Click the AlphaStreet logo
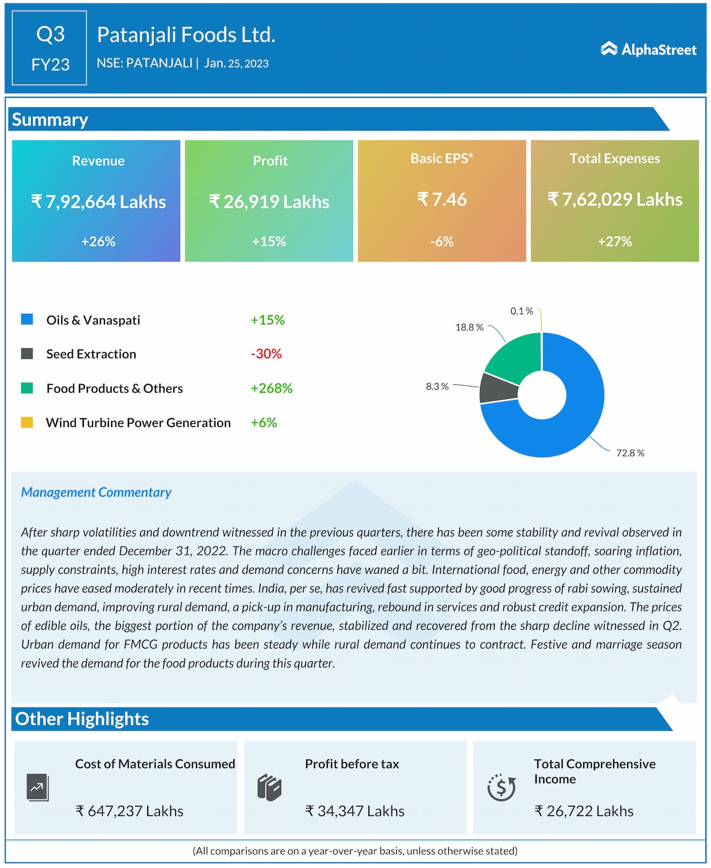click(648, 49)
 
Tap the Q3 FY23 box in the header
click(49, 48)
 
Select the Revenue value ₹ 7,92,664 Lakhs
click(98, 202)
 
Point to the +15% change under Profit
click(269, 242)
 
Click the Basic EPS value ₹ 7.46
click(442, 199)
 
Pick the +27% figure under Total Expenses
click(614, 242)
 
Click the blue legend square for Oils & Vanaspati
click(27, 319)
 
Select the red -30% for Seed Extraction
click(266, 354)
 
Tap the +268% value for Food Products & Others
click(271, 388)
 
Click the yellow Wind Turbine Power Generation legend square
click(27, 423)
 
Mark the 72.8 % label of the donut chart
click(630, 453)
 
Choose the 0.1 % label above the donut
click(522, 311)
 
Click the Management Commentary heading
click(96, 493)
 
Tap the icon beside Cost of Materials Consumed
click(38, 787)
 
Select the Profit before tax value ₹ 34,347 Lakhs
click(354, 811)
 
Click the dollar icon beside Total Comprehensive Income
click(501, 787)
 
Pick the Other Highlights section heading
click(82, 719)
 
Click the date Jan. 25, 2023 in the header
click(236, 63)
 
